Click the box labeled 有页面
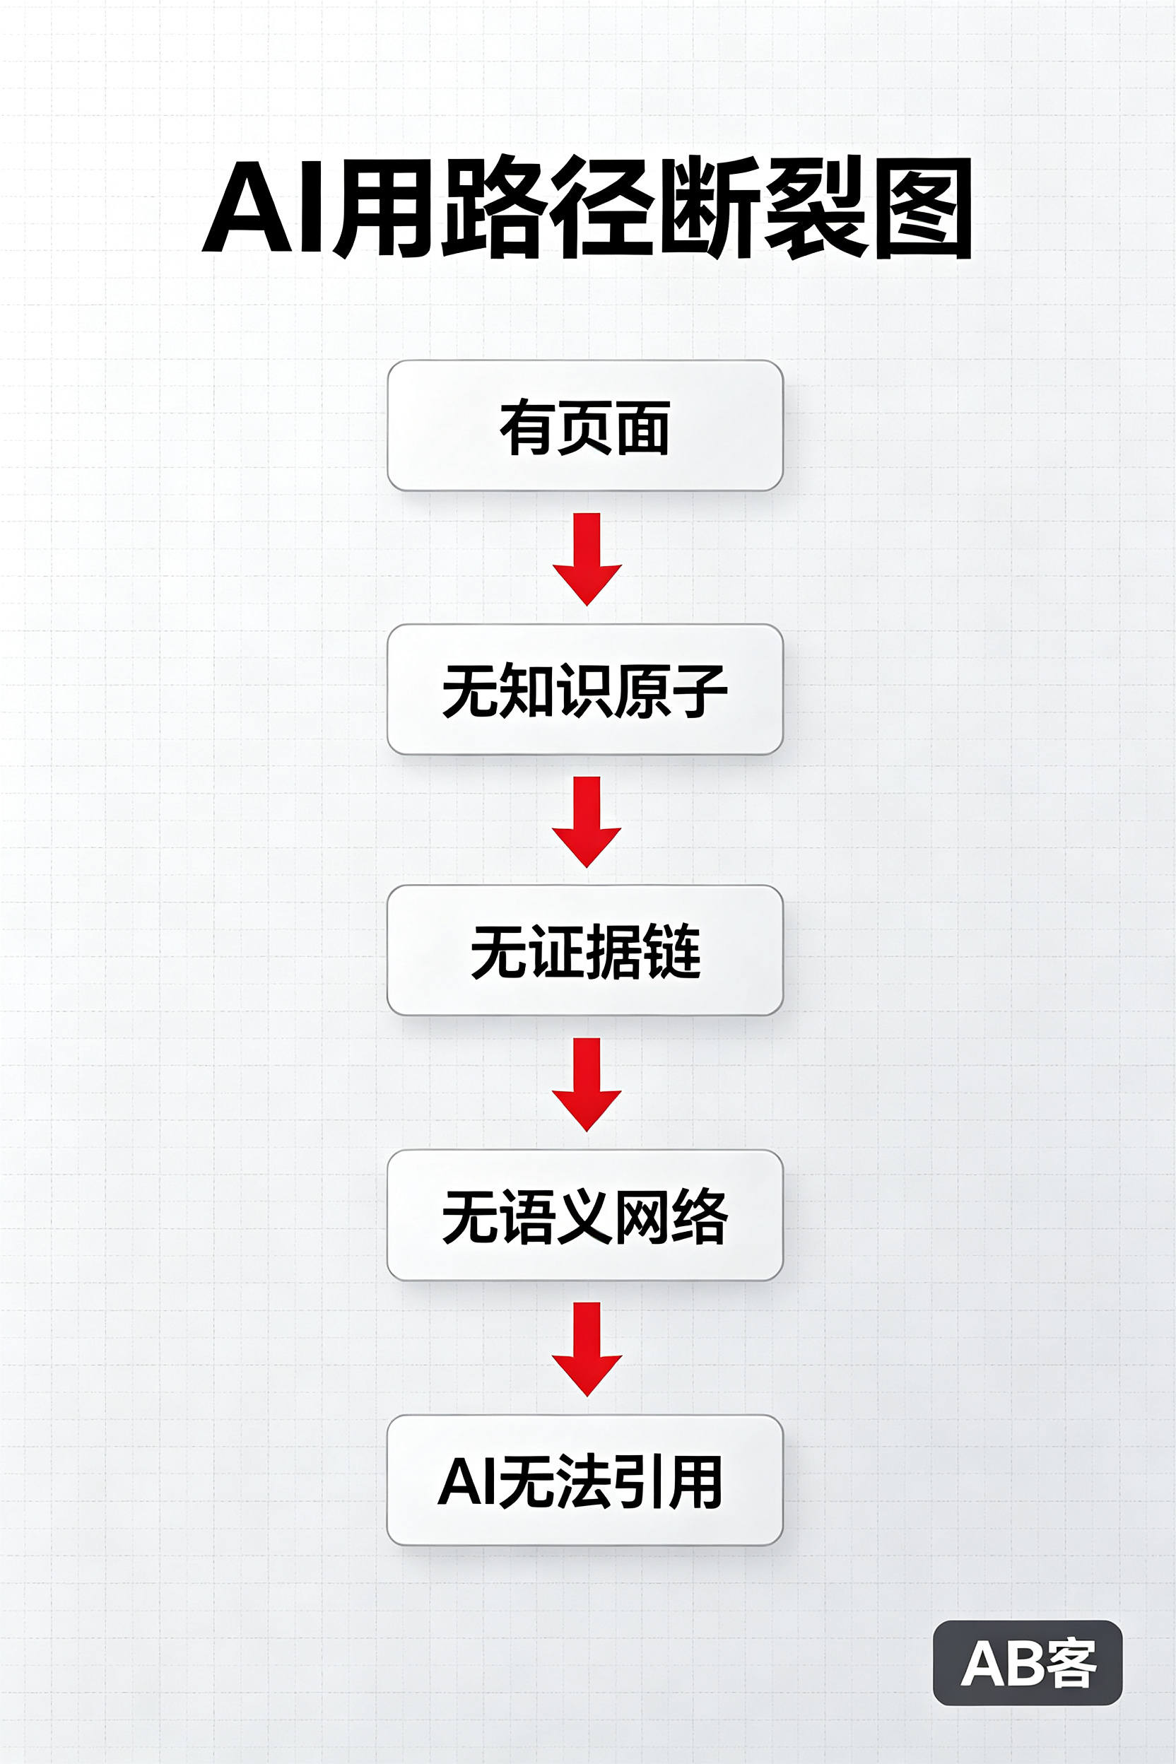coord(585,426)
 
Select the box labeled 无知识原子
coord(585,689)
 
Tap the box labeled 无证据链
coord(585,951)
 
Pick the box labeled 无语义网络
coord(585,1215)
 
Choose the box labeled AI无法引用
coord(585,1480)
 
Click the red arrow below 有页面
coord(587,559)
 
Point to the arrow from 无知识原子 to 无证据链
coord(587,822)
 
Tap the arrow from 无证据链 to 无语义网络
coord(587,1085)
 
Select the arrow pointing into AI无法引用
coord(587,1349)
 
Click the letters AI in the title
coord(263,206)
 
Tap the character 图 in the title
coord(923,208)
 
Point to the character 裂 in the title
coord(816,208)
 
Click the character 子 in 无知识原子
coord(699,690)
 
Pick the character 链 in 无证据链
coord(672,951)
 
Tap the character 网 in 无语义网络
coord(642,1216)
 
